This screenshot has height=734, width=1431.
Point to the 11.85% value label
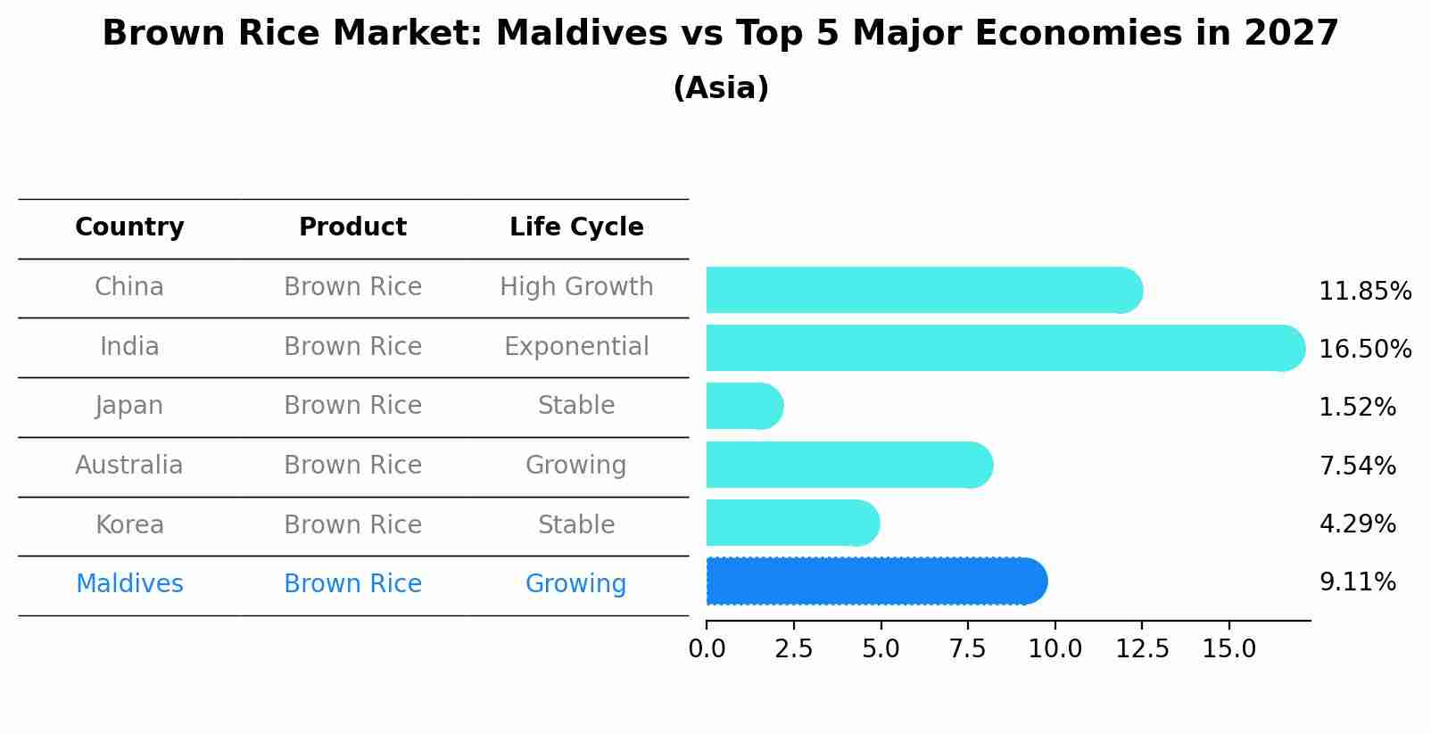click(1364, 292)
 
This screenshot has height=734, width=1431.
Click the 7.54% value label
click(1357, 466)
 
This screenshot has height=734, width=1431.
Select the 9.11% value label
click(1357, 582)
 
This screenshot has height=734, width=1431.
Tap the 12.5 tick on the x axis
click(1142, 648)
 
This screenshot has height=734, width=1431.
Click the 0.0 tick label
click(707, 648)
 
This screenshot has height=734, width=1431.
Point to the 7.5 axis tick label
click(968, 648)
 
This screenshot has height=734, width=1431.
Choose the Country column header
click(129, 227)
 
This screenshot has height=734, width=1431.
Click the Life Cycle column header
click(576, 227)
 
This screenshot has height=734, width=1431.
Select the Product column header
click(352, 227)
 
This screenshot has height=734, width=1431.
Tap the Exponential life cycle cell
click(576, 347)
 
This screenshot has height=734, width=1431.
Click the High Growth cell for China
click(576, 287)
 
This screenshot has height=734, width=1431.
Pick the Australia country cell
click(129, 466)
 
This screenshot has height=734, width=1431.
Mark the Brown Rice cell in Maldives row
click(352, 584)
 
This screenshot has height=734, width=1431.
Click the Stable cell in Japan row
click(576, 406)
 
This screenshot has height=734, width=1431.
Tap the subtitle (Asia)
click(721, 88)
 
